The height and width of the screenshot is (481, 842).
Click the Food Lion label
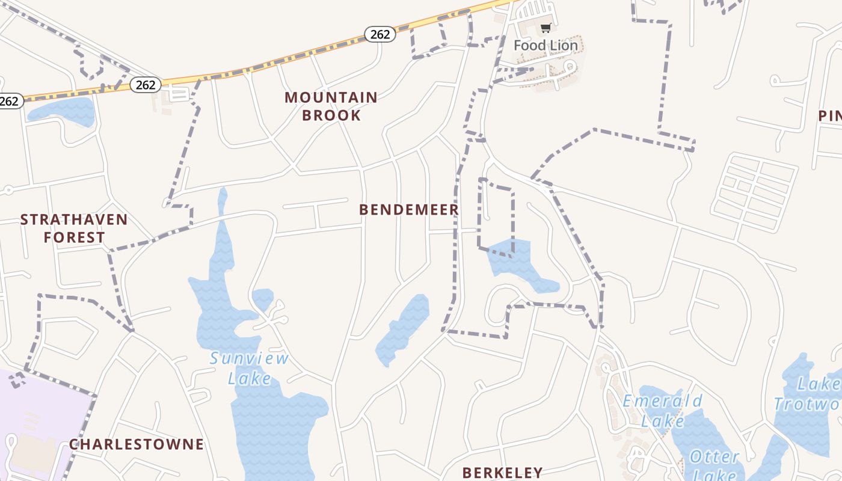coord(545,46)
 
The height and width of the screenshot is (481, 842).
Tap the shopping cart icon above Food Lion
coord(545,28)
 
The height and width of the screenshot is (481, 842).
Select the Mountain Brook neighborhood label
coord(331,106)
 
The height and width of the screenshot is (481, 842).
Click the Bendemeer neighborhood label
coord(409,209)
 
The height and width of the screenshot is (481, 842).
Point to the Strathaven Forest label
coord(74,228)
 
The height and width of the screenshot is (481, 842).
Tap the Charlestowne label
coord(137,444)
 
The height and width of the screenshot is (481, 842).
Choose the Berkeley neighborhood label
coord(503,472)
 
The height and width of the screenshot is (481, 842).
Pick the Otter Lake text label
coord(714,465)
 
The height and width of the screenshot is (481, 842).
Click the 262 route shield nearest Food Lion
coord(380,34)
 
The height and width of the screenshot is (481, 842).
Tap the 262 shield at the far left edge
coord(10,101)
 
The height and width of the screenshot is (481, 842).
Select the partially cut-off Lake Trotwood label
coord(809,394)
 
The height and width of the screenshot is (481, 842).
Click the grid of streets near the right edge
coord(755,192)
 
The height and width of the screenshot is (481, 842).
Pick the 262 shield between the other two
coord(146,85)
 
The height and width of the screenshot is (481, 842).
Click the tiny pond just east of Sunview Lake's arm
coord(263,298)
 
